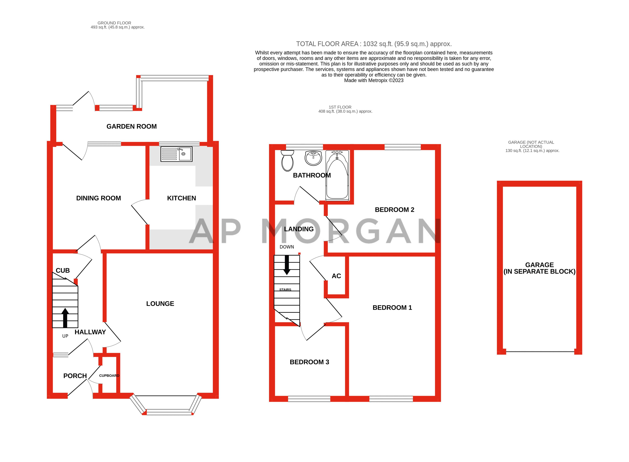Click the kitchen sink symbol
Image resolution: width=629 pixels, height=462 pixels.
pos(176,154)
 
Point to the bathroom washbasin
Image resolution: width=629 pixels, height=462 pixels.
pos(313,158)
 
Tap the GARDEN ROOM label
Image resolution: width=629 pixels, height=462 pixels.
pos(132,126)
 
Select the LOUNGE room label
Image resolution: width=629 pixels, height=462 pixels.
pos(160,304)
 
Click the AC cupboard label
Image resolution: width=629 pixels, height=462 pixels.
pos(336,276)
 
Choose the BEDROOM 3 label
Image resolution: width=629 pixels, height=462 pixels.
pos(309,362)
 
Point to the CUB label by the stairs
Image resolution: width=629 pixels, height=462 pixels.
pos(63,270)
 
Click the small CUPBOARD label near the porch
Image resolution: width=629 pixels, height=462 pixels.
pos(109,376)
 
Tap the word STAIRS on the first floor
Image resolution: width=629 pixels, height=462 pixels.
pos(285,290)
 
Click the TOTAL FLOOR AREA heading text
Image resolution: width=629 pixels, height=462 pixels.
pos(374,44)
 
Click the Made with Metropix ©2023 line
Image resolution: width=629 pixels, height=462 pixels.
pos(374,81)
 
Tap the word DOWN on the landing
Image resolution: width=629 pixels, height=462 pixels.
pos(287,247)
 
